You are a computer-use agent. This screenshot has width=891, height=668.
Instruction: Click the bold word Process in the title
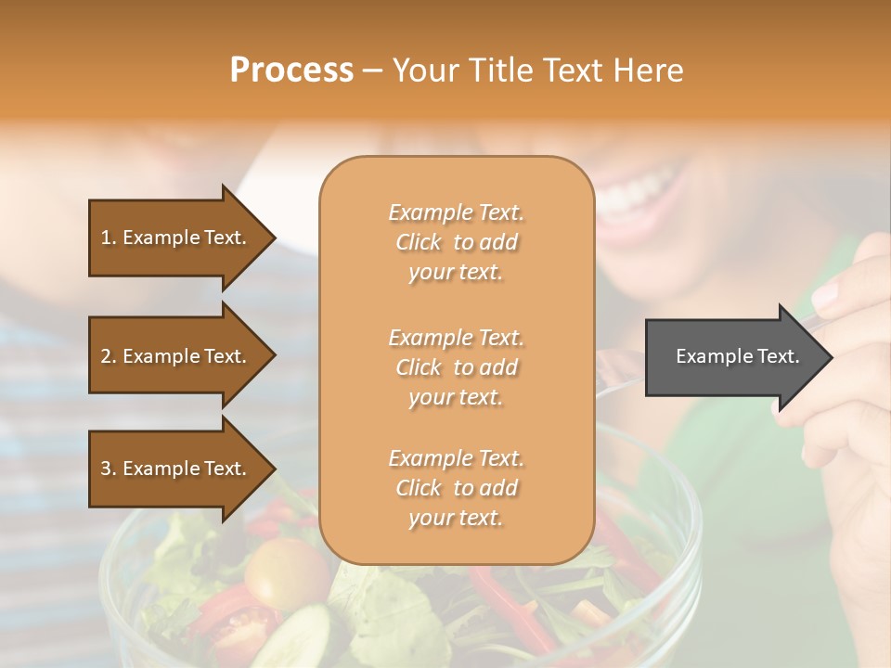(291, 71)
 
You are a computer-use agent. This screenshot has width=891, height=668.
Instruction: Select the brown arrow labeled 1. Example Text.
(176, 238)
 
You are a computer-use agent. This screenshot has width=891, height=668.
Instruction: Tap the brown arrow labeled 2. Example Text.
(176, 356)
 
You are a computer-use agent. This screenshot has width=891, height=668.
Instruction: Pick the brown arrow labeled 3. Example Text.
(176, 469)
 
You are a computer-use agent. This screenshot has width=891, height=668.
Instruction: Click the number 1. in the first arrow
(109, 238)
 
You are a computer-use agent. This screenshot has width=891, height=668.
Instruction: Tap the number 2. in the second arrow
(109, 356)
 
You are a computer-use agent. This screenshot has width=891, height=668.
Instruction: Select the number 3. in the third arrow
(109, 469)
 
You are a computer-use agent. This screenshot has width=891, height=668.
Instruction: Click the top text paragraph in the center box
(456, 242)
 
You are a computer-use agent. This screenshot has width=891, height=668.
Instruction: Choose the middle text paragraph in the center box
(456, 367)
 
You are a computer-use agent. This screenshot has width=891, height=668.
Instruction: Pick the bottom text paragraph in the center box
(456, 488)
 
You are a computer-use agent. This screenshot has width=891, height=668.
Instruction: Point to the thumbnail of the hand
(825, 296)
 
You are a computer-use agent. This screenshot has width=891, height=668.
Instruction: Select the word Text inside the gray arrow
(779, 356)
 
